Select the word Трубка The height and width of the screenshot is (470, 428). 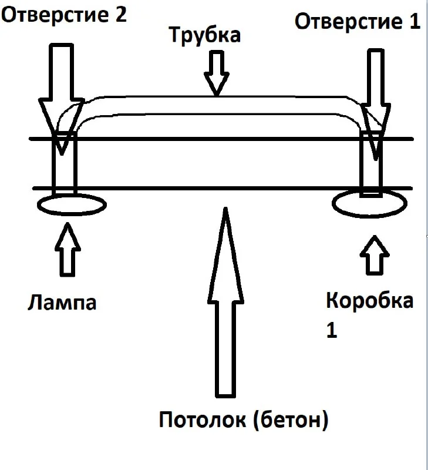205,35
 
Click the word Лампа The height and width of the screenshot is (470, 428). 62,303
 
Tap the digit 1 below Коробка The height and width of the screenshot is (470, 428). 332,330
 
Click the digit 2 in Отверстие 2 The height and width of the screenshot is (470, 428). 119,15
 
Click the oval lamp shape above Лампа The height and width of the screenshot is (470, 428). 72,205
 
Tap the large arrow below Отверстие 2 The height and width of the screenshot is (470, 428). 60,88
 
